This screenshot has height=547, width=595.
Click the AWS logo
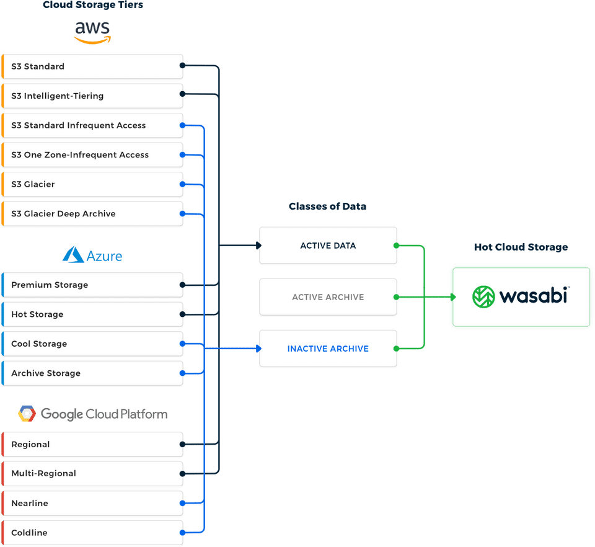pyautogui.click(x=92, y=32)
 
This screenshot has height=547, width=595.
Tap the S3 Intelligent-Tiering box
pyautogui.click(x=92, y=96)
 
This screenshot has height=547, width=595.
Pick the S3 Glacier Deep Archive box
pyautogui.click(x=92, y=214)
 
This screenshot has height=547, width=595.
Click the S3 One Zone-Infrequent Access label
pyautogui.click(x=80, y=155)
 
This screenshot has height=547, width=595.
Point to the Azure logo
pyautogui.click(x=92, y=255)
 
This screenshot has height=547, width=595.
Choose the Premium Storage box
pyautogui.click(x=92, y=285)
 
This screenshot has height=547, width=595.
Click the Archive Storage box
pyautogui.click(x=92, y=373)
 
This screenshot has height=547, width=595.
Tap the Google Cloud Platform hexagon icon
pyautogui.click(x=27, y=414)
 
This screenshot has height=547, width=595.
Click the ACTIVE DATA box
pyautogui.click(x=328, y=246)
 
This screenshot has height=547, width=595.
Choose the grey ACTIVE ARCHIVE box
pyautogui.click(x=328, y=297)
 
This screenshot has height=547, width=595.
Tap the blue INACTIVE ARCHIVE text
pyautogui.click(x=328, y=349)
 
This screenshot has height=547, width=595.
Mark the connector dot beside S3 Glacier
pyautogui.click(x=182, y=184)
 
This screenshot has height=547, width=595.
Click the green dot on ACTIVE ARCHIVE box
pyautogui.click(x=395, y=297)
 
